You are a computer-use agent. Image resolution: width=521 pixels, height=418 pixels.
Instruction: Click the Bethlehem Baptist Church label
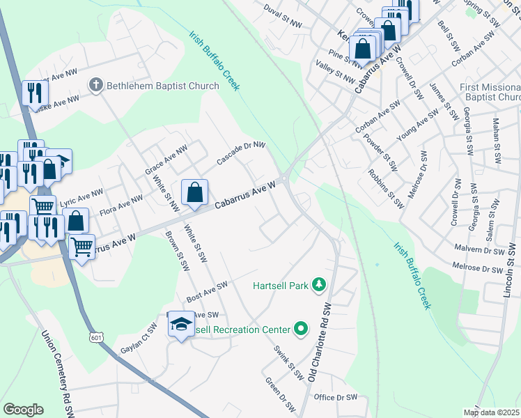coord(162,86)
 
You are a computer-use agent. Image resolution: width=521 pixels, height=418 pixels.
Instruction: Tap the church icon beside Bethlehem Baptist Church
coord(95,86)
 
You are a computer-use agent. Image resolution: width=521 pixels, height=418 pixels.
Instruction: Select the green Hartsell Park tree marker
coord(319,284)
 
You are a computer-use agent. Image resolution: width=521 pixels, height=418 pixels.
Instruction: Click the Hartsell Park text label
coord(281,285)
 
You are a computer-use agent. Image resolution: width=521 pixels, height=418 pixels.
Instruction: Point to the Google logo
coord(24,410)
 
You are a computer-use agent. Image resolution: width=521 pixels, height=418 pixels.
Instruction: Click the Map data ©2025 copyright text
coord(492,412)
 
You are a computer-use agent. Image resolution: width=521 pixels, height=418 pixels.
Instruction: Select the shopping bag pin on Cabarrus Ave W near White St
coord(196,192)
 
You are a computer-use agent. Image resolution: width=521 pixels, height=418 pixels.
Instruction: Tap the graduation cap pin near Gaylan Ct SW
coord(181,325)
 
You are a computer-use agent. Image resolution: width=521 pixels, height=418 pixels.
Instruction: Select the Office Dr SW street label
coord(335,397)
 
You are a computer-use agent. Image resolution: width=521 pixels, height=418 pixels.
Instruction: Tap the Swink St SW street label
coord(288,362)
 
